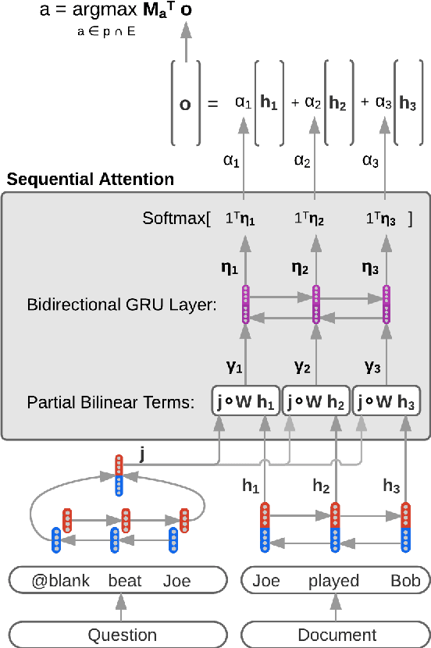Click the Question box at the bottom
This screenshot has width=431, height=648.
[x=116, y=634]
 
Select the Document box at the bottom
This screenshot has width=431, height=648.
[x=336, y=634]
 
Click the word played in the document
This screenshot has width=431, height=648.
[x=333, y=581]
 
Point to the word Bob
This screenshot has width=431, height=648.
[x=405, y=581]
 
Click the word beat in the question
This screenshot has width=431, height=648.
[x=125, y=581]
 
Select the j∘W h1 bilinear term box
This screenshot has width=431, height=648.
[x=245, y=403]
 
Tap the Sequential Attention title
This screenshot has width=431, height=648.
[x=91, y=180]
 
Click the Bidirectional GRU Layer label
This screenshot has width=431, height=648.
[x=122, y=304]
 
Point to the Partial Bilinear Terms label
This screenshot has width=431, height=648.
[x=110, y=403]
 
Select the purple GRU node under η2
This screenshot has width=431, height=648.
[x=315, y=304]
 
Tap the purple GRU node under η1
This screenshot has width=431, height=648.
[x=245, y=304]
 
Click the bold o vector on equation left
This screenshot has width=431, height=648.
[x=185, y=103]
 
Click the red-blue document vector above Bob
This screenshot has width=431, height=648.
[x=405, y=528]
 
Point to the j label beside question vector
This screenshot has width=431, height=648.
[x=141, y=451]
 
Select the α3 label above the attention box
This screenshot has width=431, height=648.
[x=372, y=161]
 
